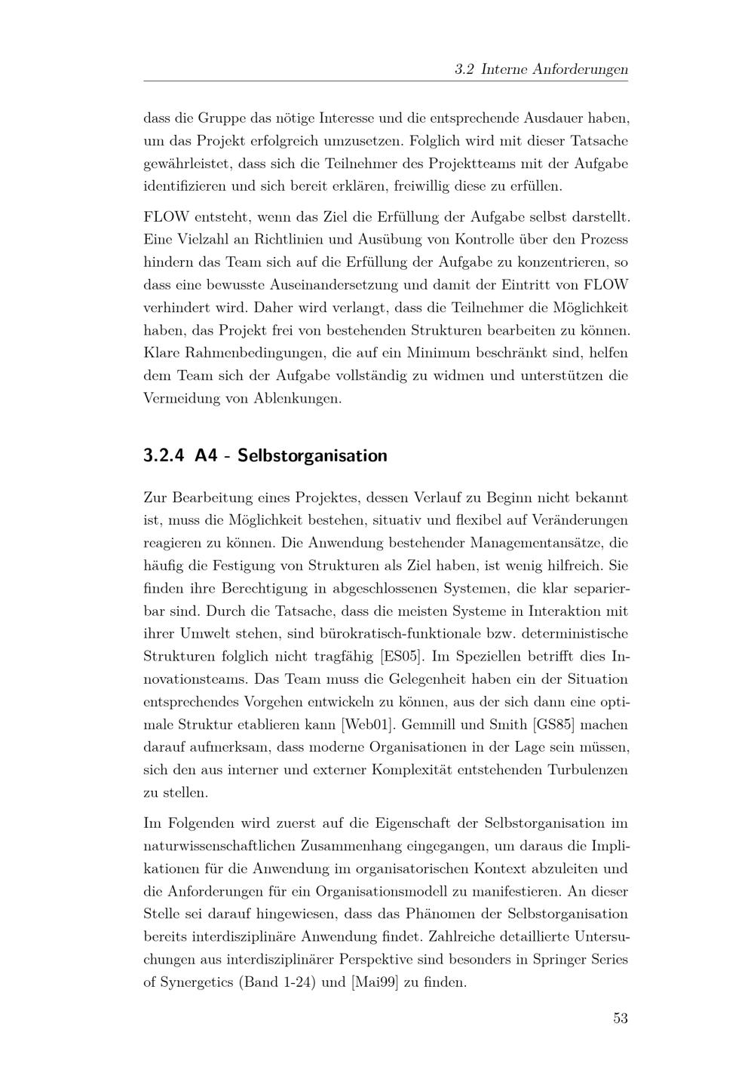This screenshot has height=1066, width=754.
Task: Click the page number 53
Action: (620, 1019)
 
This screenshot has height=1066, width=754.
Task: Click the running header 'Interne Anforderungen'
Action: (554, 69)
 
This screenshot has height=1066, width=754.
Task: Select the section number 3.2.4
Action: (164, 456)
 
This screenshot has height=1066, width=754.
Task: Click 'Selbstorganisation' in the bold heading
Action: (312, 456)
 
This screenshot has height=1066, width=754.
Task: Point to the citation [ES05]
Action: (402, 657)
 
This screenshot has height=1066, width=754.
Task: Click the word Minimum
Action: (439, 353)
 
